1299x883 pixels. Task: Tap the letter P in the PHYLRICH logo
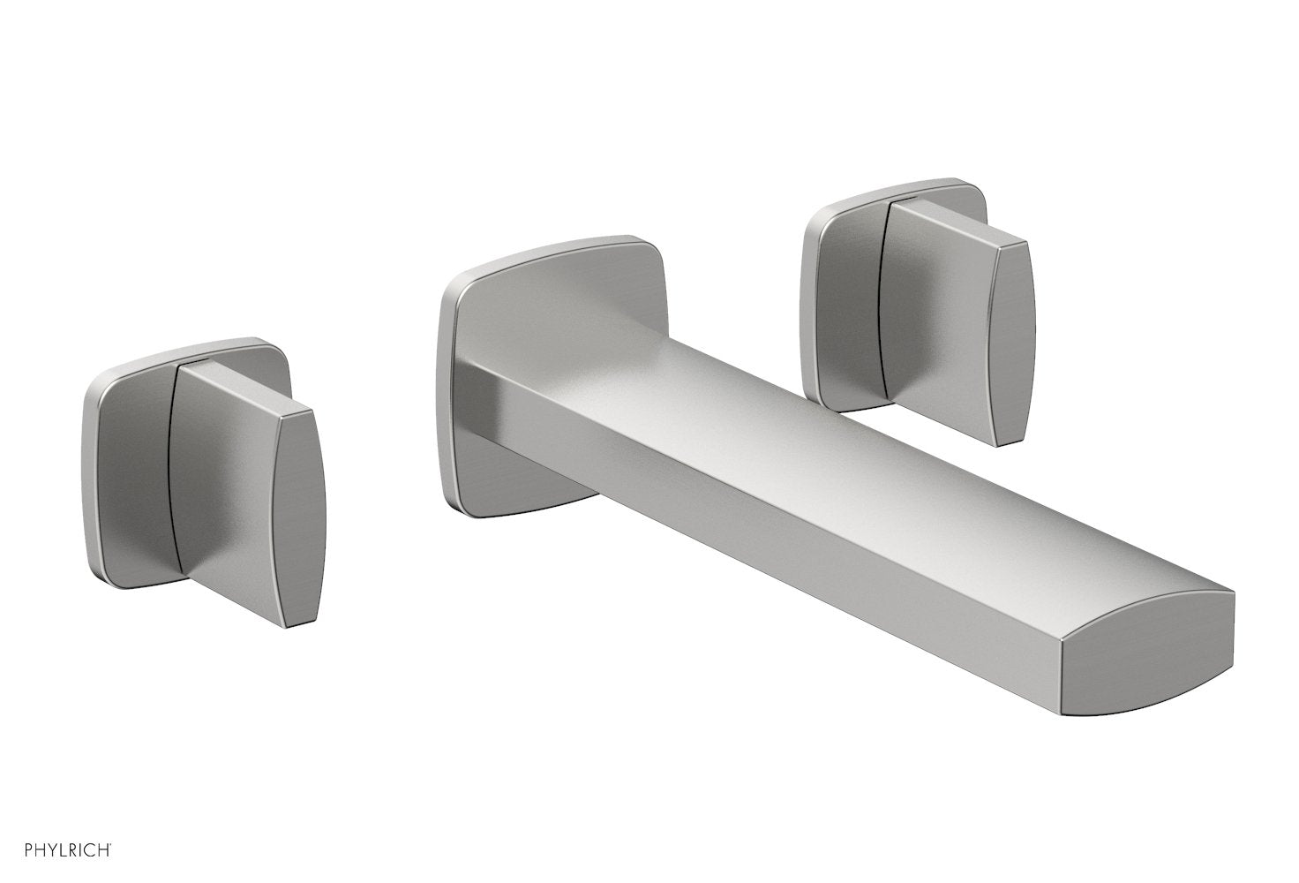9,850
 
